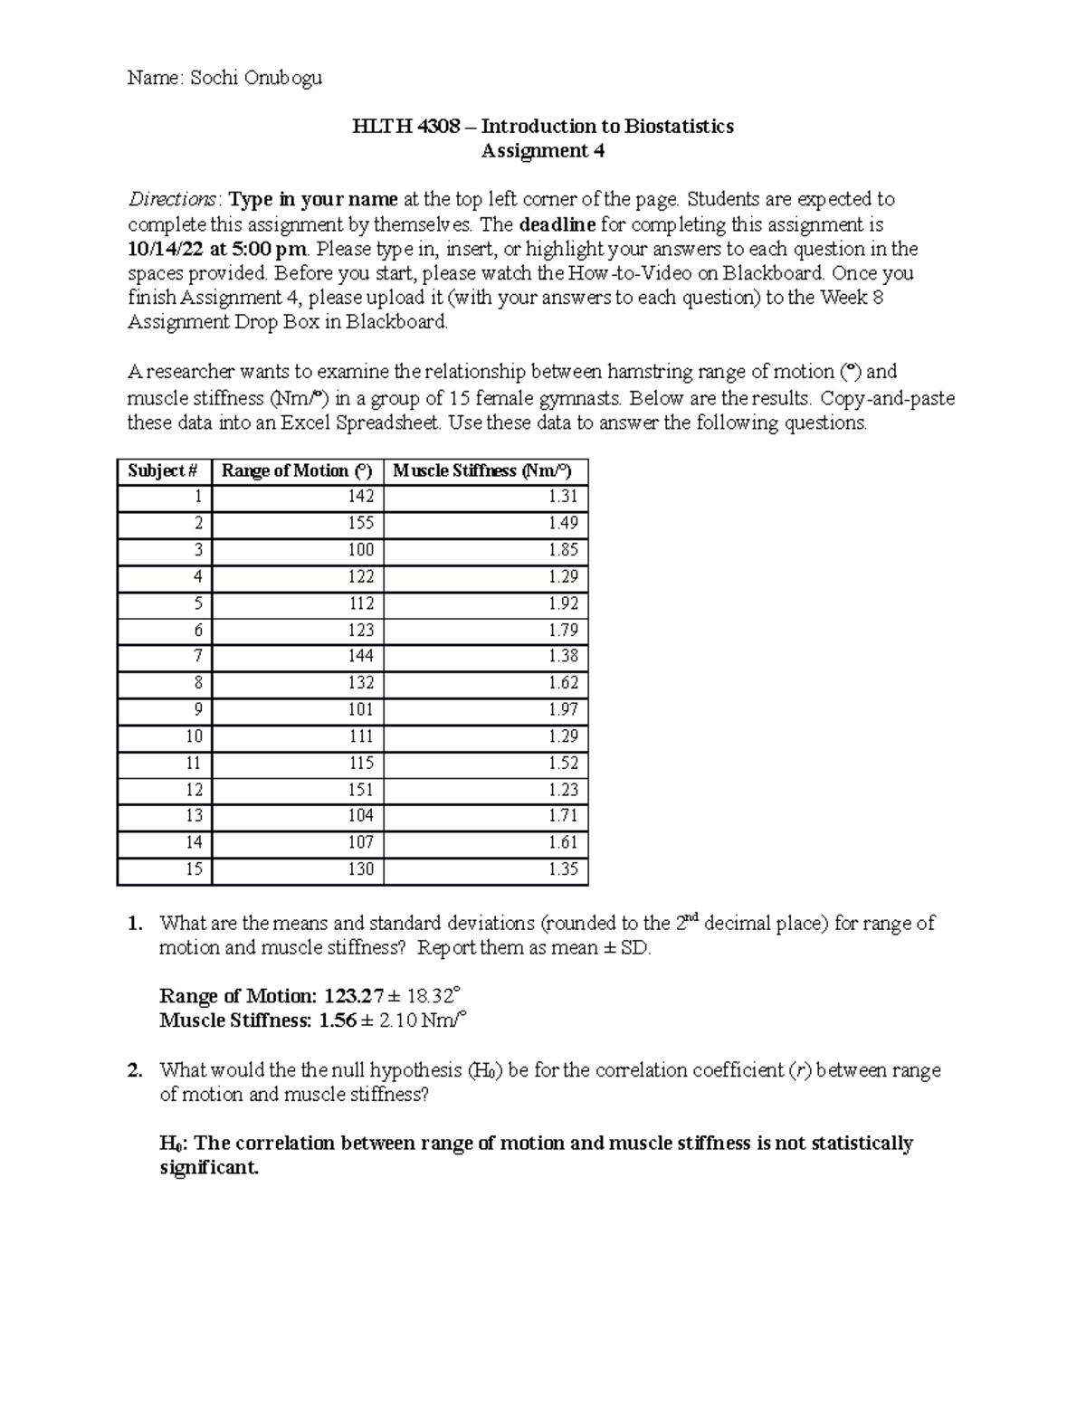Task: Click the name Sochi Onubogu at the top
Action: click(256, 78)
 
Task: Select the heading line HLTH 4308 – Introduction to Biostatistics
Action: click(542, 126)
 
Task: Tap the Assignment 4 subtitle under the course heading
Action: click(542, 151)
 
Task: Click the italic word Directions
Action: click(172, 199)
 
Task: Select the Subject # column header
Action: click(163, 471)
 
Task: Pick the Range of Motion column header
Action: click(297, 471)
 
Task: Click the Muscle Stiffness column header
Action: click(482, 471)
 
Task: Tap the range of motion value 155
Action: click(360, 524)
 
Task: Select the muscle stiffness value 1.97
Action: click(563, 710)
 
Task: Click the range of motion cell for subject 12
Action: click(360, 790)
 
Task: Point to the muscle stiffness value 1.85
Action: click(563, 550)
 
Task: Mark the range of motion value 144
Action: click(360, 656)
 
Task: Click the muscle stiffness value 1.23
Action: click(563, 790)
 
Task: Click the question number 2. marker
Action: click(135, 1070)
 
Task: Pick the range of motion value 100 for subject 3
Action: click(360, 550)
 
